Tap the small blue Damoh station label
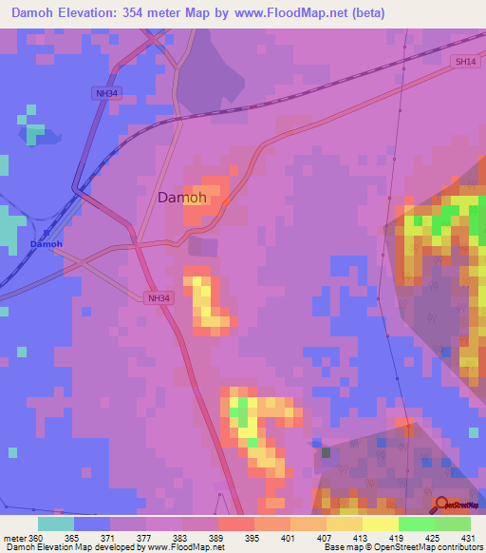tap(46, 244)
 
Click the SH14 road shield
tap(462, 62)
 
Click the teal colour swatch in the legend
tap(55, 524)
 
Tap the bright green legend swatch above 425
tap(417, 524)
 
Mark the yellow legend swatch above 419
tap(381, 524)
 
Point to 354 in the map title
tap(142, 13)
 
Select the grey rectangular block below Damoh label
tap(202, 246)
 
